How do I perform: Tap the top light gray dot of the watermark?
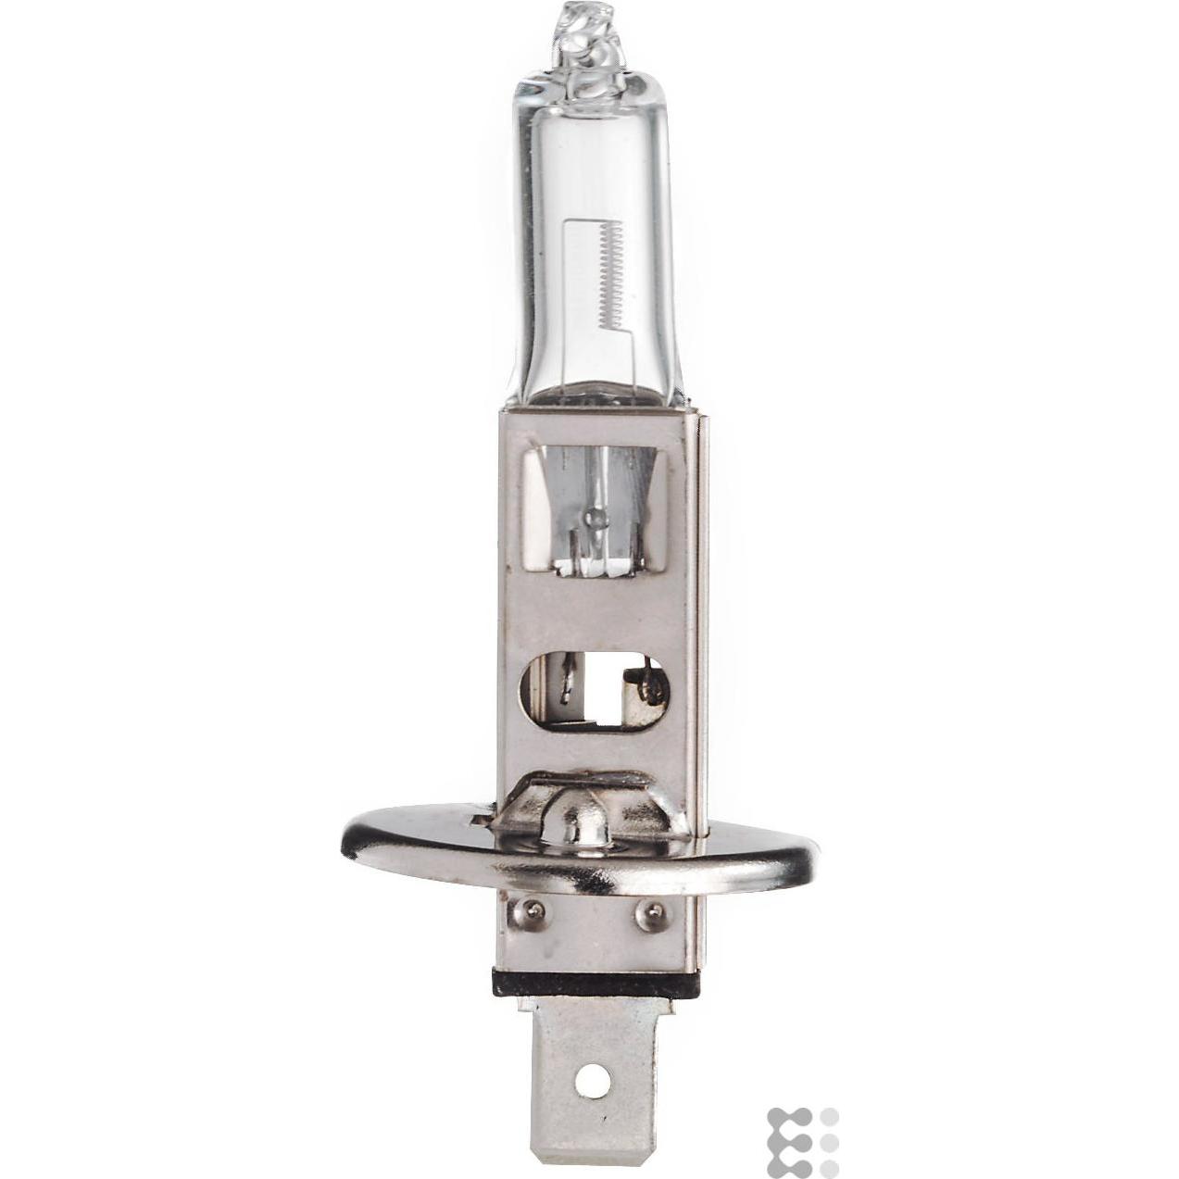(830, 1116)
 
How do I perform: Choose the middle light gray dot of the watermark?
(830, 1141)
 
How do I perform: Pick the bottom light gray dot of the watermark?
(830, 1165)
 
